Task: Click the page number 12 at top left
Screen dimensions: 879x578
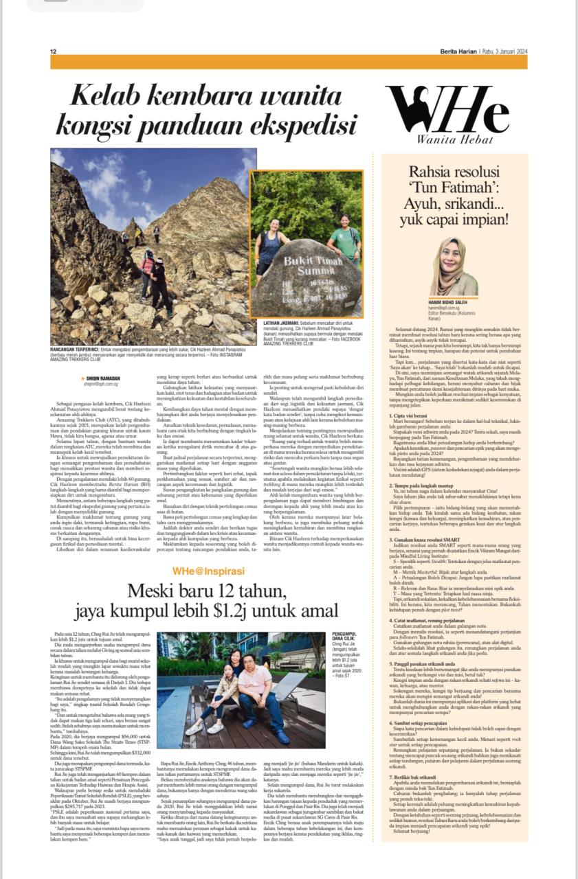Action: (x=53, y=52)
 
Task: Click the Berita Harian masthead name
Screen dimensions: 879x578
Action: (x=458, y=52)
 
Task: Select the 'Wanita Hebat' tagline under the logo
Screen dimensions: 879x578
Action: (x=447, y=141)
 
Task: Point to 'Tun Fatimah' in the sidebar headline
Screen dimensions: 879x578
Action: (x=454, y=190)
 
